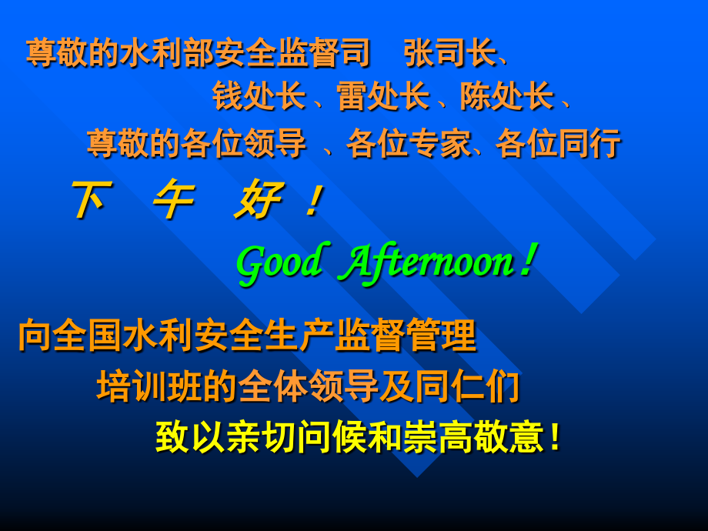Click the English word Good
[279, 263]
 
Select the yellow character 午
[172, 201]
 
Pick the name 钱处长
[259, 97]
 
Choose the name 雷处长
[382, 97]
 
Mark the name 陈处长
[506, 97]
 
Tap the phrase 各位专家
[408, 143]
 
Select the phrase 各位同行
[558, 143]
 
